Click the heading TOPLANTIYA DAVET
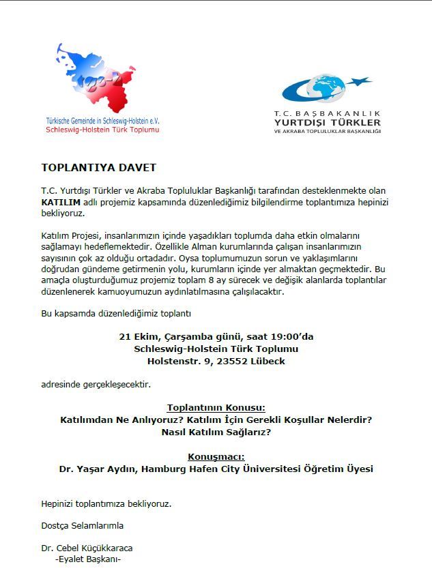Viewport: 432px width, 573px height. [98, 167]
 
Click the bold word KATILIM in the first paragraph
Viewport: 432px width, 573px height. [61, 203]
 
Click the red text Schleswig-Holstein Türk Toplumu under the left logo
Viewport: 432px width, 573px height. [102, 129]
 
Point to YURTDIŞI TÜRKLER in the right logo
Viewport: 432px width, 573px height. [327, 122]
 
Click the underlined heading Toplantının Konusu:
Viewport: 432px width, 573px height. [216, 407]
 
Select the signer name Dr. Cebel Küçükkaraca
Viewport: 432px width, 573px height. [87, 548]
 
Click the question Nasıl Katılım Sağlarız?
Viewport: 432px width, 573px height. [216, 432]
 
